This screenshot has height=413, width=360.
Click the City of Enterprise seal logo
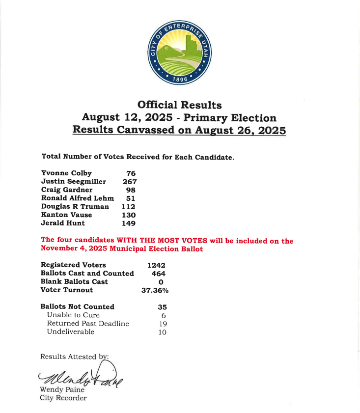pos(180,54)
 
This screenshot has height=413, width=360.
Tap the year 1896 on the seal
pos(180,79)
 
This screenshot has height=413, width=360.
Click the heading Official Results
pos(179,105)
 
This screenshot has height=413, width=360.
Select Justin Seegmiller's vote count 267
pos(129,182)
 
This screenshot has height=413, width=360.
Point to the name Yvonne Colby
pos(66,173)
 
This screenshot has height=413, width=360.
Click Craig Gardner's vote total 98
pos(130,190)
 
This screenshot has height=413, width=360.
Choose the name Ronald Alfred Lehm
pos(77,198)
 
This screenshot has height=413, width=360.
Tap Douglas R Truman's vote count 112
pos(129,207)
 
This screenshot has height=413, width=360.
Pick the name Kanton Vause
pos(66,215)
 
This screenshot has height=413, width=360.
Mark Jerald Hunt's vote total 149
pos(129,223)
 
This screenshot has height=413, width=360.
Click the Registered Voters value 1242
pos(156,265)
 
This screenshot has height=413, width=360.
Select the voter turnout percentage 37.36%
pos(155,290)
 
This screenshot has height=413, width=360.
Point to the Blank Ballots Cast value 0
pos(161,282)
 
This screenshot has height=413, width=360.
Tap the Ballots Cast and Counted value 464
pos(159,274)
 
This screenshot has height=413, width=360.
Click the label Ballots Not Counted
pos(77,307)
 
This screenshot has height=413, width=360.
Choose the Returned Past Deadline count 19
pos(163,324)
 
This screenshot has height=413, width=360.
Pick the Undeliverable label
pos(71,332)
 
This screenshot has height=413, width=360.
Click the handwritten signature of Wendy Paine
pos(81,376)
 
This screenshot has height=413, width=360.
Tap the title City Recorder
pos(63,398)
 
